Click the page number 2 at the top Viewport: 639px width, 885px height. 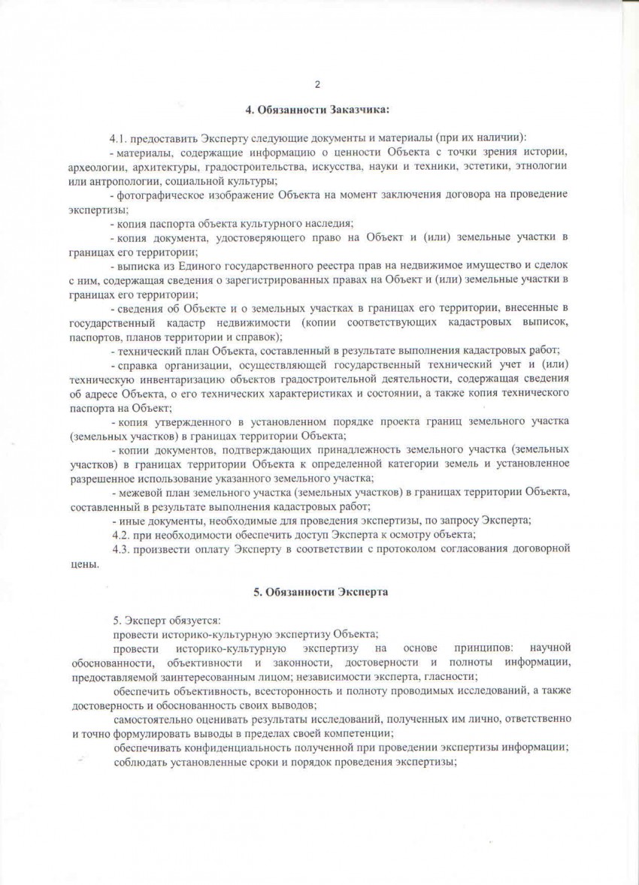tap(318, 84)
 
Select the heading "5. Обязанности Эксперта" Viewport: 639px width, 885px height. tap(320, 592)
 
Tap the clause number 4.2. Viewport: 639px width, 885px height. tap(121, 534)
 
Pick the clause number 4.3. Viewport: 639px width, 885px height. tap(121, 548)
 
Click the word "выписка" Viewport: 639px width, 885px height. tap(136, 266)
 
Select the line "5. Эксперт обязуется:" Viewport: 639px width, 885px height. tap(166, 620)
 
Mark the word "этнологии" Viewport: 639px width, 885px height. tap(541, 166)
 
